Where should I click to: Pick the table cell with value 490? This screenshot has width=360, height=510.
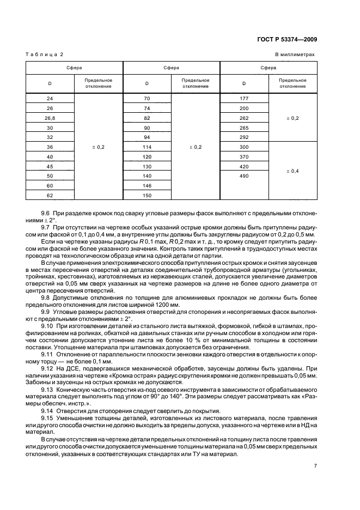point(244,176)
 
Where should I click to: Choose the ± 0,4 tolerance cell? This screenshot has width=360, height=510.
point(292,171)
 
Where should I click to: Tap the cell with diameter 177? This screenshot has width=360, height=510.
point(244,99)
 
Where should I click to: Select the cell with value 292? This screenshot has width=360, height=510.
point(244,138)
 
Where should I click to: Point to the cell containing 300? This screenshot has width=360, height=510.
point(244,148)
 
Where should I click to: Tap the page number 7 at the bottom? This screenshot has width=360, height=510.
point(315,465)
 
